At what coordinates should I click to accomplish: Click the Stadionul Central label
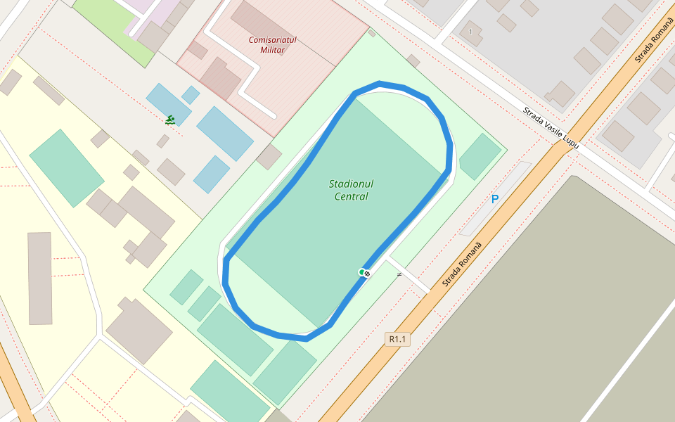point(351,190)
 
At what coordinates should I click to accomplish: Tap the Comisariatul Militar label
point(272,45)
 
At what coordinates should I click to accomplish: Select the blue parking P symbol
point(495,200)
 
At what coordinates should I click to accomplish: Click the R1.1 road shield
point(397,340)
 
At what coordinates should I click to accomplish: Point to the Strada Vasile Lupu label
point(551,127)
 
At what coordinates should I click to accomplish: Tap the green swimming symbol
point(170,120)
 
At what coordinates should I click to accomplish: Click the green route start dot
point(361,272)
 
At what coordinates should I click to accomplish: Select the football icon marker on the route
point(367,273)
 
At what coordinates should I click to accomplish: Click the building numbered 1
point(471,32)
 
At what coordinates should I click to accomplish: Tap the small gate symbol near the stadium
point(399,274)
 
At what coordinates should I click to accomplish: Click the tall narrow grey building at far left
point(40,279)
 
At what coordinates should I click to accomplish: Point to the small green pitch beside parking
point(480,156)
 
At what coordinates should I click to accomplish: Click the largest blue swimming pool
point(224,133)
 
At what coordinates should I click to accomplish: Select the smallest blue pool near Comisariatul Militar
point(191,94)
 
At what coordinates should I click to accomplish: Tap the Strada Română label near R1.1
point(463,263)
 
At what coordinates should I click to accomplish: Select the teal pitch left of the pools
point(66,167)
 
